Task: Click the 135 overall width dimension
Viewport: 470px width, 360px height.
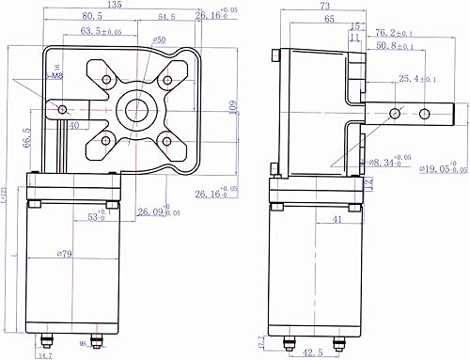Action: point(116,5)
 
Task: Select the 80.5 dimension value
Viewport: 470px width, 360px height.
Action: point(92,17)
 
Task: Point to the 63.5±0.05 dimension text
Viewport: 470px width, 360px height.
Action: point(102,31)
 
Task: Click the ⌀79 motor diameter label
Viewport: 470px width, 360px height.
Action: point(65,253)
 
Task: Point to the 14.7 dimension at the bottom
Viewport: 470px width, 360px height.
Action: point(45,355)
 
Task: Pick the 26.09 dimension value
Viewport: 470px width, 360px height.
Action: point(153,211)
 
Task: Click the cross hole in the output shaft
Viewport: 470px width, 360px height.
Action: point(424,113)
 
